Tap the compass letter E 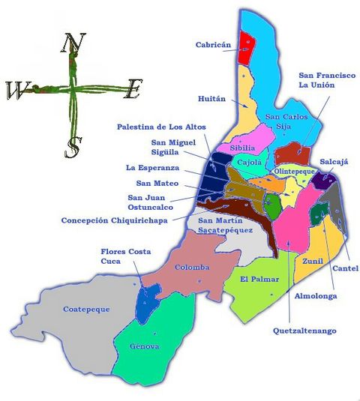pos(132,91)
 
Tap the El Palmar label pos(259,280)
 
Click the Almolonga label pos(315,296)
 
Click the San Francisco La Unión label pos(326,80)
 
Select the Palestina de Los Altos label pos(161,127)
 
